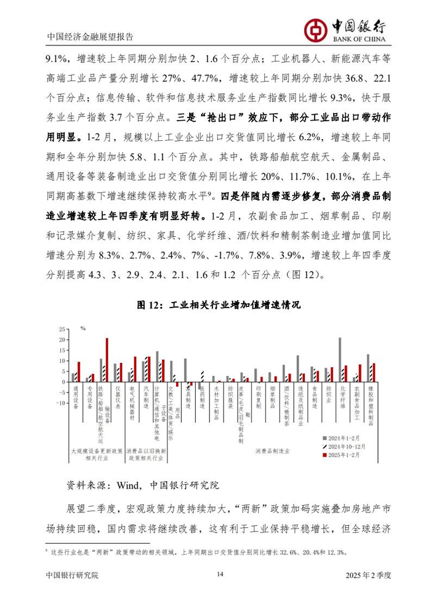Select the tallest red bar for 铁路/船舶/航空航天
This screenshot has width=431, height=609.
click(107, 360)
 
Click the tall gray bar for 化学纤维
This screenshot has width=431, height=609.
click(340, 359)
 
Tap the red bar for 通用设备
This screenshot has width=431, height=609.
click(79, 372)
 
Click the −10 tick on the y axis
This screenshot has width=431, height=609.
click(60, 404)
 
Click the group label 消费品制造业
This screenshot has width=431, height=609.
click(272, 450)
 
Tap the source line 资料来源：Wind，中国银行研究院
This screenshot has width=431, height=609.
click(142, 485)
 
